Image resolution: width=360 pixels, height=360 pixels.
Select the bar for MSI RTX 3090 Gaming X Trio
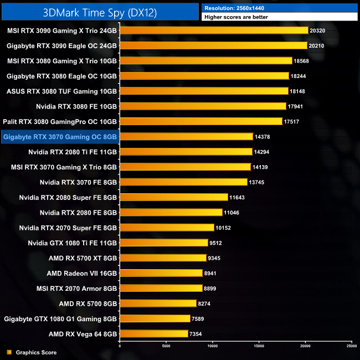pos(213,30)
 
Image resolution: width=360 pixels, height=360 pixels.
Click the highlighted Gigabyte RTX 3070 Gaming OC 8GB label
pos(60,136)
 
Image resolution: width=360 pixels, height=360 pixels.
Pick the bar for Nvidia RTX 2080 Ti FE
pos(186,151)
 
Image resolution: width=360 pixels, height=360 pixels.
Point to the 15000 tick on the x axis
pos(259,346)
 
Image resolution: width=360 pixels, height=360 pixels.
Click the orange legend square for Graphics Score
pos(9,352)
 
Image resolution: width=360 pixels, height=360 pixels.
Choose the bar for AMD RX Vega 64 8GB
pos(153,333)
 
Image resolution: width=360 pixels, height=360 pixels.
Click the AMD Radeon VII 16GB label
pos(82,273)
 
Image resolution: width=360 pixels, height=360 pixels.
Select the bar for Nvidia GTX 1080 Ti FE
pos(163,243)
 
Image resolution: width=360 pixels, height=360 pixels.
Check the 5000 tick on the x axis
pos(166,346)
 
